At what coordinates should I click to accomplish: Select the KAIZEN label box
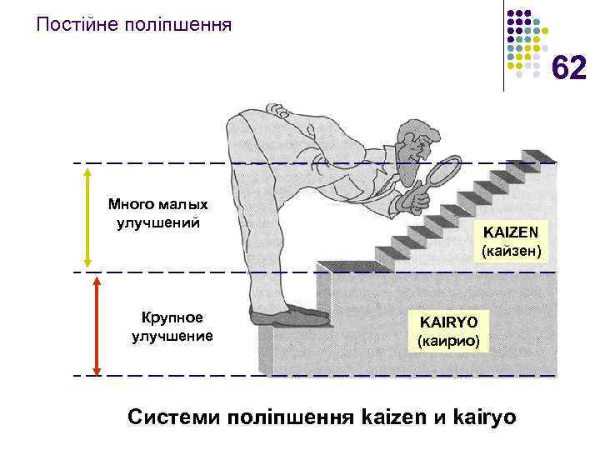click(511, 239)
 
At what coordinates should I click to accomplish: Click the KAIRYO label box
click(449, 331)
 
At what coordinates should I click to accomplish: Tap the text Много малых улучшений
click(157, 213)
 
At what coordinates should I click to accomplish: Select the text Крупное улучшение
click(172, 327)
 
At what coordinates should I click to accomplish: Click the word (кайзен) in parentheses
click(511, 249)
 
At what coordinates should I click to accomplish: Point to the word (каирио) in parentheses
click(449, 341)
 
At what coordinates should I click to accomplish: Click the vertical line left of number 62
click(504, 46)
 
